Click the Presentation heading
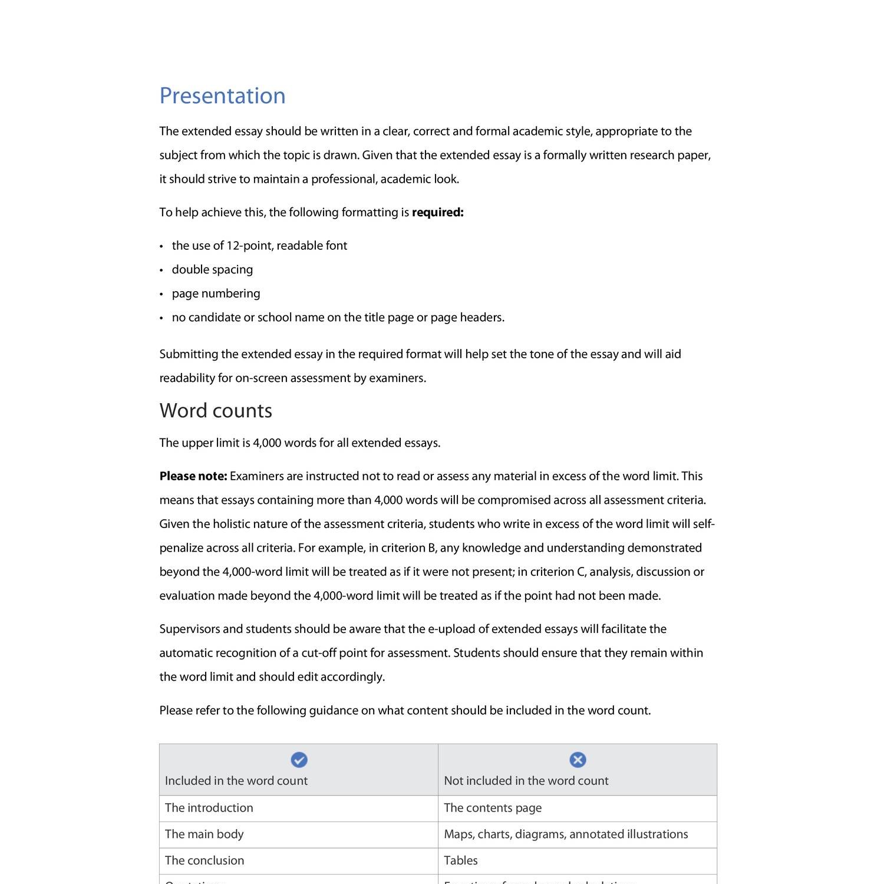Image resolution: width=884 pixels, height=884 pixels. click(x=222, y=96)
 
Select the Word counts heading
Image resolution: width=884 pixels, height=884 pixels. click(x=216, y=411)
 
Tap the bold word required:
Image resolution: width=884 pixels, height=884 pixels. click(x=437, y=212)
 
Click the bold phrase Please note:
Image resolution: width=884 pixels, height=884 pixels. click(x=193, y=476)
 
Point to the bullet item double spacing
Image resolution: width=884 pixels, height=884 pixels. click(x=212, y=269)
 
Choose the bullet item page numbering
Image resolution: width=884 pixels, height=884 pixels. click(x=216, y=293)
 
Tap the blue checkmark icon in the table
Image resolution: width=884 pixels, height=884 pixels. click(x=299, y=760)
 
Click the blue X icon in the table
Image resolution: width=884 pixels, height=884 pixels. click(x=578, y=760)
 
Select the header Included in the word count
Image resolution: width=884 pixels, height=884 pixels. click(x=236, y=781)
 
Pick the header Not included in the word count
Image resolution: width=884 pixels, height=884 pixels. click(x=526, y=781)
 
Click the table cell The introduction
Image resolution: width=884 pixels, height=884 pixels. click(x=209, y=808)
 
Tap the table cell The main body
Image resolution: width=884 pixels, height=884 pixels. click(x=204, y=834)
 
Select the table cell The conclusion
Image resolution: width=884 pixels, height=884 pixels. click(x=204, y=860)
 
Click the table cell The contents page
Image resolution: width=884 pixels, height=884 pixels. click(x=492, y=808)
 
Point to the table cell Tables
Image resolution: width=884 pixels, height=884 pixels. click(x=460, y=860)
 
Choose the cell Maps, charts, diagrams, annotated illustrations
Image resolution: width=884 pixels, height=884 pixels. click(x=565, y=834)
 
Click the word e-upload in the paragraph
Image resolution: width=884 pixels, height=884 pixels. click(x=451, y=629)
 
